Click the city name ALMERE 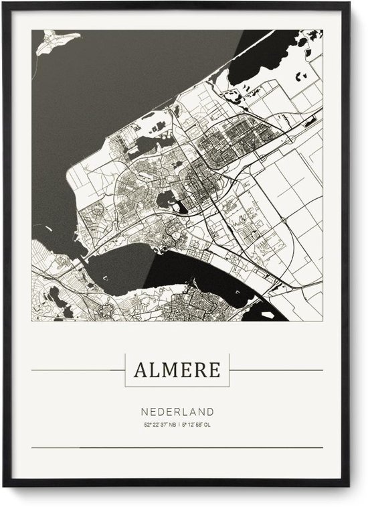(177, 370)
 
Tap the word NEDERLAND (177, 412)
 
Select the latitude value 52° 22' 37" (155, 425)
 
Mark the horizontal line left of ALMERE (77, 370)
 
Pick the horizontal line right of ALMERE (276, 370)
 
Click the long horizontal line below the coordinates (177, 447)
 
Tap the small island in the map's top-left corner (56, 42)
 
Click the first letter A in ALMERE (141, 370)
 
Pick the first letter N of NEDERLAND (145, 412)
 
